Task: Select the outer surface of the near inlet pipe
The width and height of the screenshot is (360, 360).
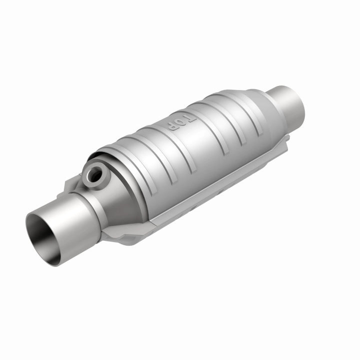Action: click(x=70, y=220)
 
